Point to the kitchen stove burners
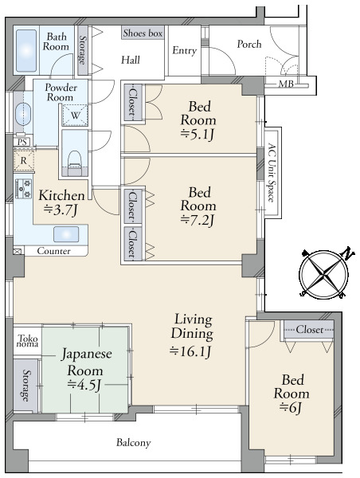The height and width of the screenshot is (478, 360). click(x=21, y=190)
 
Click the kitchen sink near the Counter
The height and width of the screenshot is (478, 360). click(x=65, y=234)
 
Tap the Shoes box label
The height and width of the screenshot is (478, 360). click(x=143, y=33)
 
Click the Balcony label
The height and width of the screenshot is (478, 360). click(x=133, y=442)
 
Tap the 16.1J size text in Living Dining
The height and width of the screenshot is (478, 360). click(x=192, y=350)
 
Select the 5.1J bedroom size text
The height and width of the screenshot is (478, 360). click(x=198, y=134)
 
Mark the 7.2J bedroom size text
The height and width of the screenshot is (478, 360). click(x=198, y=220)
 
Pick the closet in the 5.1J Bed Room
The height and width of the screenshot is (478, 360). click(x=132, y=103)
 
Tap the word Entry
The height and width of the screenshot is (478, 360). click(x=184, y=51)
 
